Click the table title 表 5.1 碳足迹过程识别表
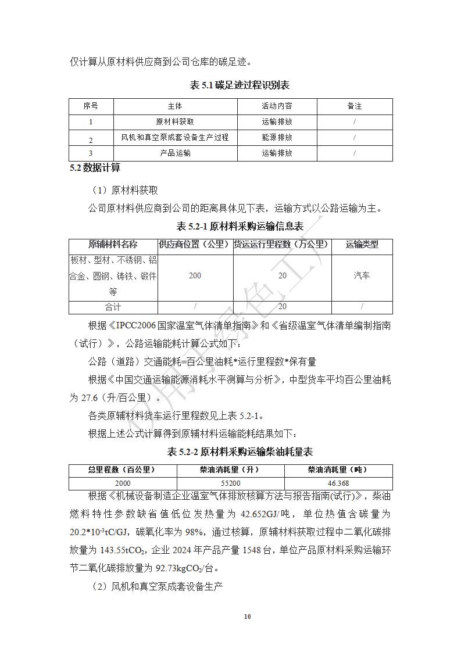click(x=240, y=85)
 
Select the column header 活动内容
click(x=277, y=106)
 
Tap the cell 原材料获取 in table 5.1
click(x=175, y=122)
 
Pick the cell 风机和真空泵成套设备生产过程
click(x=175, y=138)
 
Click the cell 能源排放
click(x=277, y=138)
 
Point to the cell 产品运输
click(x=175, y=153)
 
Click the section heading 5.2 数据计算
click(x=95, y=168)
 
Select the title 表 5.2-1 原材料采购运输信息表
click(x=240, y=227)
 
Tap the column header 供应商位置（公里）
click(x=195, y=245)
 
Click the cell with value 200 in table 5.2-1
click(x=195, y=275)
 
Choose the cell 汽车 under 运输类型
click(x=362, y=275)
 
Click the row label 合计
click(x=113, y=307)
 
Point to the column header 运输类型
click(x=362, y=245)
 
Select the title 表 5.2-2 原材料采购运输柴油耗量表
click(x=240, y=452)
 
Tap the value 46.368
click(x=338, y=483)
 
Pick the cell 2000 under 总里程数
click(x=123, y=483)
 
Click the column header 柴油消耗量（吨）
click(x=338, y=470)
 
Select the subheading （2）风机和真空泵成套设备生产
click(x=158, y=586)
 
